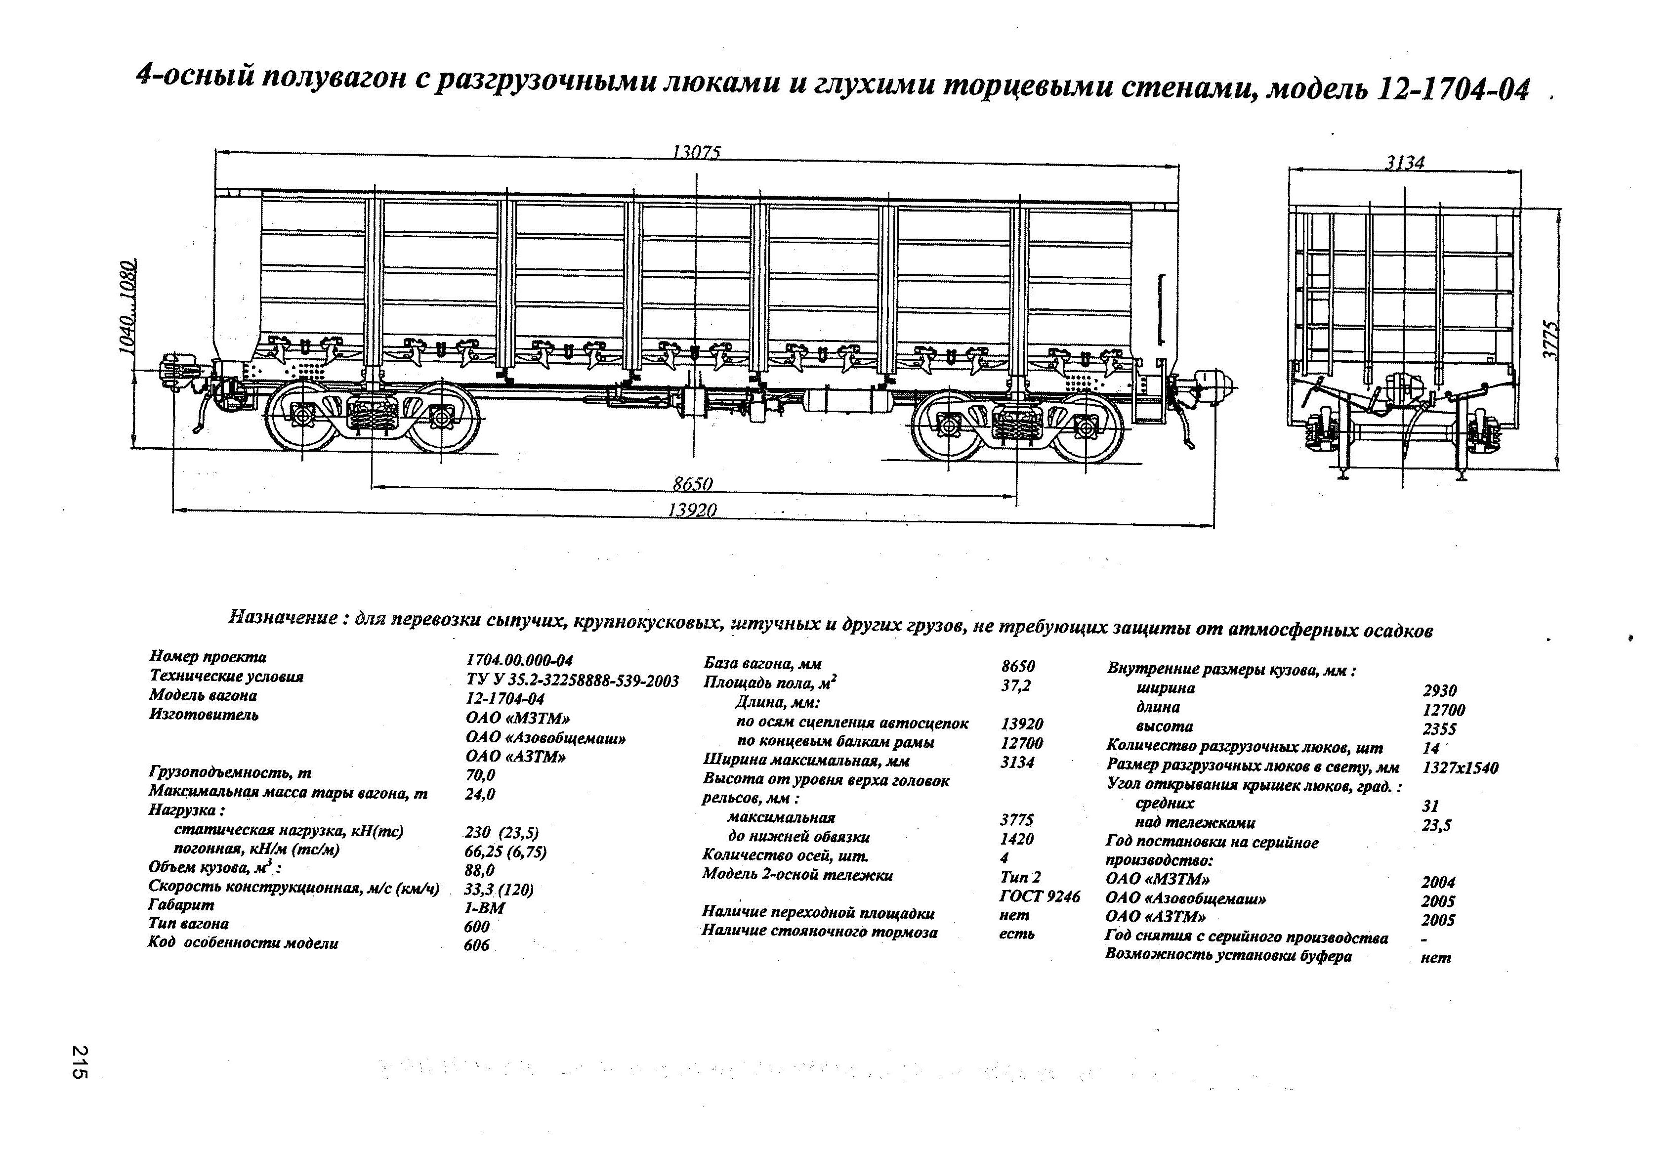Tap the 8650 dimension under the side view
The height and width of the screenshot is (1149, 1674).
pos(692,483)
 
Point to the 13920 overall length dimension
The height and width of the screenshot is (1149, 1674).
pos(692,510)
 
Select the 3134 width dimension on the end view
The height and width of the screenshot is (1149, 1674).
pos(1405,162)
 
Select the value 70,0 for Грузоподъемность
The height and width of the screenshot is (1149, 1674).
pos(480,775)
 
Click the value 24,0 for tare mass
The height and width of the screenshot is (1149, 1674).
pos(480,794)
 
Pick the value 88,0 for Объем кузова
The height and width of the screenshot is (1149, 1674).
pos(480,870)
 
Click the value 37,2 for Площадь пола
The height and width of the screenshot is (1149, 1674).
pos(1016,685)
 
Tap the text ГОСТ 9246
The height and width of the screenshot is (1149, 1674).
pos(1040,895)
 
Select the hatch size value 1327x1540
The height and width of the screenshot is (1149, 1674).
pos(1461,768)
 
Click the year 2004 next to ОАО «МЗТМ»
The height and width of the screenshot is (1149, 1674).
pos(1438,882)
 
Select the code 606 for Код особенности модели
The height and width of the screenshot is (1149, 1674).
pos(477,945)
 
